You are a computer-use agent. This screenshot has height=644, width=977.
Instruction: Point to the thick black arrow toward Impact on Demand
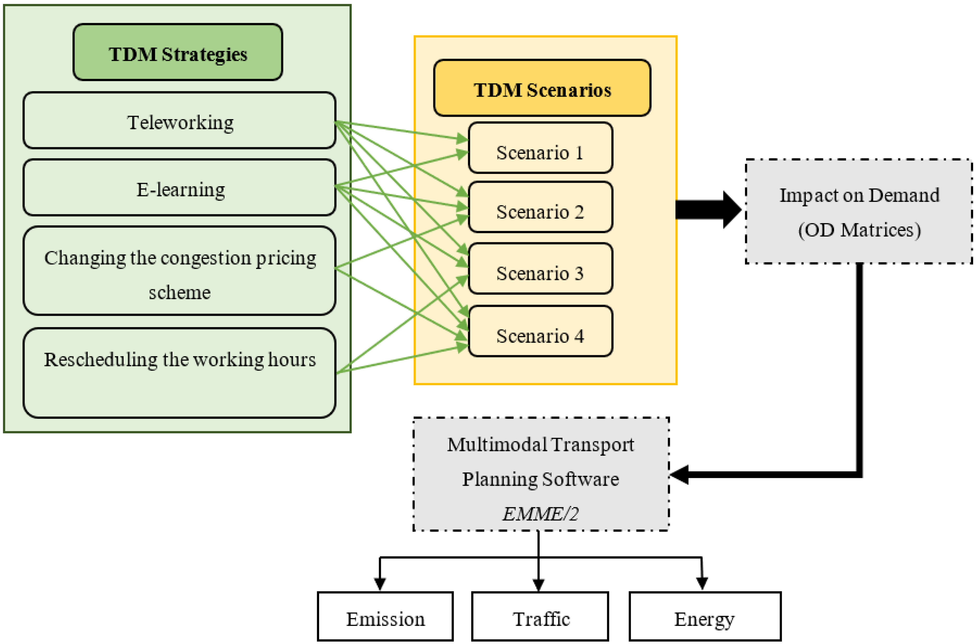tap(708, 210)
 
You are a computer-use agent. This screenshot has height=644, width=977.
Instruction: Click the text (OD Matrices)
tap(859, 230)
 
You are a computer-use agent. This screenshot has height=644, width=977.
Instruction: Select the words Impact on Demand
tap(859, 195)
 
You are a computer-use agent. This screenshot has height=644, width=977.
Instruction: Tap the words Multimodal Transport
tap(540, 444)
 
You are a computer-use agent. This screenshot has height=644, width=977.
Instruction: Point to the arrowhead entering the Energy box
tap(702, 583)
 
